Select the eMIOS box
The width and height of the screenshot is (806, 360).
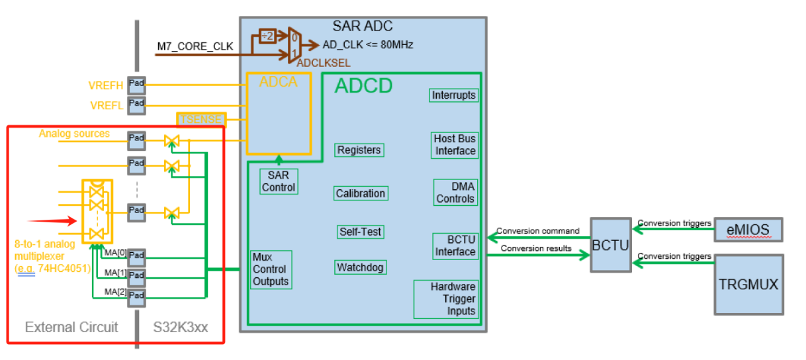tap(749, 230)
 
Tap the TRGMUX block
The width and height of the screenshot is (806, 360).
tap(748, 285)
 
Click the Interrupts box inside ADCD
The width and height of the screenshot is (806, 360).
tap(453, 95)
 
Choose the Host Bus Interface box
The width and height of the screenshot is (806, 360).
tap(455, 145)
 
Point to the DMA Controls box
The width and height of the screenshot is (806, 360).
tap(455, 193)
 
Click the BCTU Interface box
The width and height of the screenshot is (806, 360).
tap(455, 246)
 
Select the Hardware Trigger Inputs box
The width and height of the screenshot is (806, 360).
tap(447, 299)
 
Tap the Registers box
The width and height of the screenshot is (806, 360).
tap(359, 150)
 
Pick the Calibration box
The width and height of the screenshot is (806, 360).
tap(360, 193)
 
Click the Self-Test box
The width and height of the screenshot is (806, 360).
tap(360, 232)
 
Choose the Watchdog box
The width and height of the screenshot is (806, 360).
tap(360, 268)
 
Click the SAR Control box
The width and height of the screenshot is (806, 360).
tap(279, 181)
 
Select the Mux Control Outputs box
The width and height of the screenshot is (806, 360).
tap(271, 269)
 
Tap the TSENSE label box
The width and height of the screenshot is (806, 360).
tap(201, 120)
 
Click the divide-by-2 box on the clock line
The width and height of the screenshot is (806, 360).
tap(267, 37)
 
